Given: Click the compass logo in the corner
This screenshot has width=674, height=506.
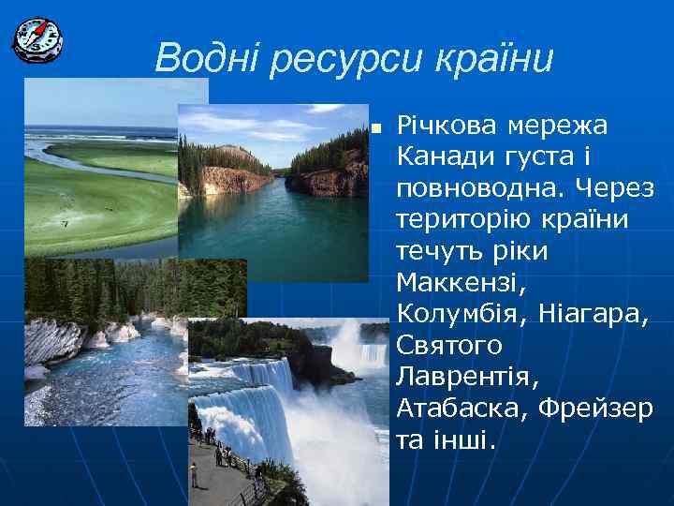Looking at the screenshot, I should [37, 38].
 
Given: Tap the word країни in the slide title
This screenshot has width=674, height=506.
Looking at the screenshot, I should [496, 59].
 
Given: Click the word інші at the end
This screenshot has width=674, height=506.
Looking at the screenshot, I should [462, 441].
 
